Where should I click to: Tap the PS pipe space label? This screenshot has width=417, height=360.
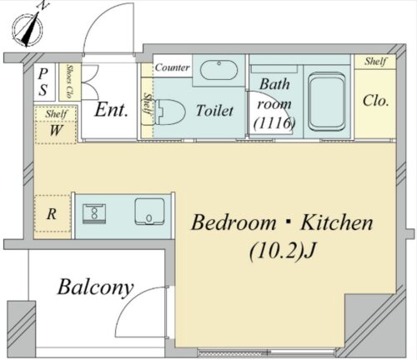pyautogui.click(x=43, y=82)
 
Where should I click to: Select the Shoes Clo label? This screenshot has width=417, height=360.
pyautogui.click(x=69, y=82)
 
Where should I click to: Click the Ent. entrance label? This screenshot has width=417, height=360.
pyautogui.click(x=111, y=110)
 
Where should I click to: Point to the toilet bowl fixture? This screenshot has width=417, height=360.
pyautogui.click(x=170, y=112)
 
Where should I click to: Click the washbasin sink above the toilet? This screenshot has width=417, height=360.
pyautogui.click(x=219, y=69)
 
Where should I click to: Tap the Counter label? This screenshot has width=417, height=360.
pyautogui.click(x=173, y=67)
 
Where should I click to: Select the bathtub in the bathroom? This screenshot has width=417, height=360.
pyautogui.click(x=327, y=102)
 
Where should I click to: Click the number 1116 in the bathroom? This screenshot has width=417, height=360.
pyautogui.click(x=274, y=122)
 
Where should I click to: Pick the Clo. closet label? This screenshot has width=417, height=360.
pyautogui.click(x=375, y=101)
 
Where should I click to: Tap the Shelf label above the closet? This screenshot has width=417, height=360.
pyautogui.click(x=375, y=61)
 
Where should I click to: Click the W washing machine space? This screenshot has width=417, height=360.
pyautogui.click(x=56, y=130)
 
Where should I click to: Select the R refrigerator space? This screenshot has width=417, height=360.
pyautogui.click(x=52, y=214)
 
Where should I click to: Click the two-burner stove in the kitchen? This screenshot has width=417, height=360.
pyautogui.click(x=94, y=213)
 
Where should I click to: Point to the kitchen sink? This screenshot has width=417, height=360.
pyautogui.click(x=149, y=212)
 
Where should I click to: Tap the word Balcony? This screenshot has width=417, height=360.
pyautogui.click(x=95, y=287)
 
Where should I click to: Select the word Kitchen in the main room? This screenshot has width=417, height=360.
pyautogui.click(x=337, y=222)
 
